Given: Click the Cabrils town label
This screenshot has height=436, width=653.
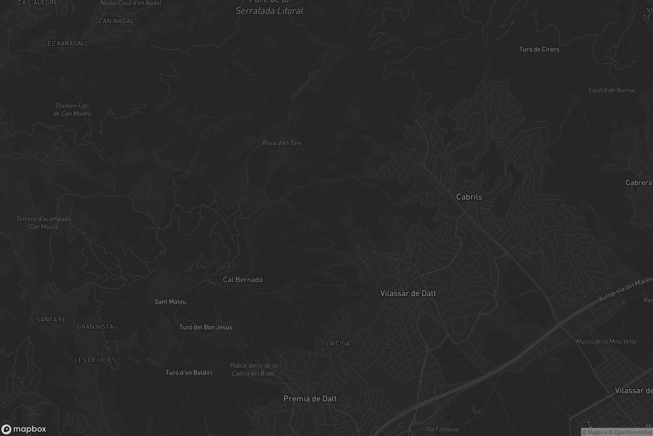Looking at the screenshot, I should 469,197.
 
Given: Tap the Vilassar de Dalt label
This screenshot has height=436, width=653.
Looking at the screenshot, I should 408,293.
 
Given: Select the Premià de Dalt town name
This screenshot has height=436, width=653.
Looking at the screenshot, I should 310,399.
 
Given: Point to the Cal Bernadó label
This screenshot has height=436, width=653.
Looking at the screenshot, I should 243,280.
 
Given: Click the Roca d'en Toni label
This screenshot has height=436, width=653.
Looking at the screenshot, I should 282,143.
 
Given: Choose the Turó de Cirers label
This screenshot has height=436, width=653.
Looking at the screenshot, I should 539,50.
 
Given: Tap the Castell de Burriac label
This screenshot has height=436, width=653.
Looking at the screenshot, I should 612,90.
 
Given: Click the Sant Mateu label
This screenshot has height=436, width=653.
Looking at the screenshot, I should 170,302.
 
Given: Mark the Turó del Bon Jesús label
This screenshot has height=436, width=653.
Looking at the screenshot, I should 205,327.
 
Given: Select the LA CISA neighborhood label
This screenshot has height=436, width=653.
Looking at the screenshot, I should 338,344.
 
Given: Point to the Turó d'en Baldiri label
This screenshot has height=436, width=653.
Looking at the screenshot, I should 189,373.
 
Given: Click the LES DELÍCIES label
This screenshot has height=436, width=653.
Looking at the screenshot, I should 95,360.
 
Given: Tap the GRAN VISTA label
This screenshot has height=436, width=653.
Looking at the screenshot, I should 95,327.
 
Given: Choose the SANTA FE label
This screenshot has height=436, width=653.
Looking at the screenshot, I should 51,319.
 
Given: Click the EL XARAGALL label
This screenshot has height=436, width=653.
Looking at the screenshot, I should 68,44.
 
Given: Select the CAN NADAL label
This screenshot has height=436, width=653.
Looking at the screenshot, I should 116,21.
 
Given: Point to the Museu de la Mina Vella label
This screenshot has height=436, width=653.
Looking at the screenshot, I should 606,341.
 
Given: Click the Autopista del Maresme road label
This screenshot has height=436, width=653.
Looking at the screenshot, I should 626,289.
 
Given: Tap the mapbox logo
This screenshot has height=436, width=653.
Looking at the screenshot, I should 23,429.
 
